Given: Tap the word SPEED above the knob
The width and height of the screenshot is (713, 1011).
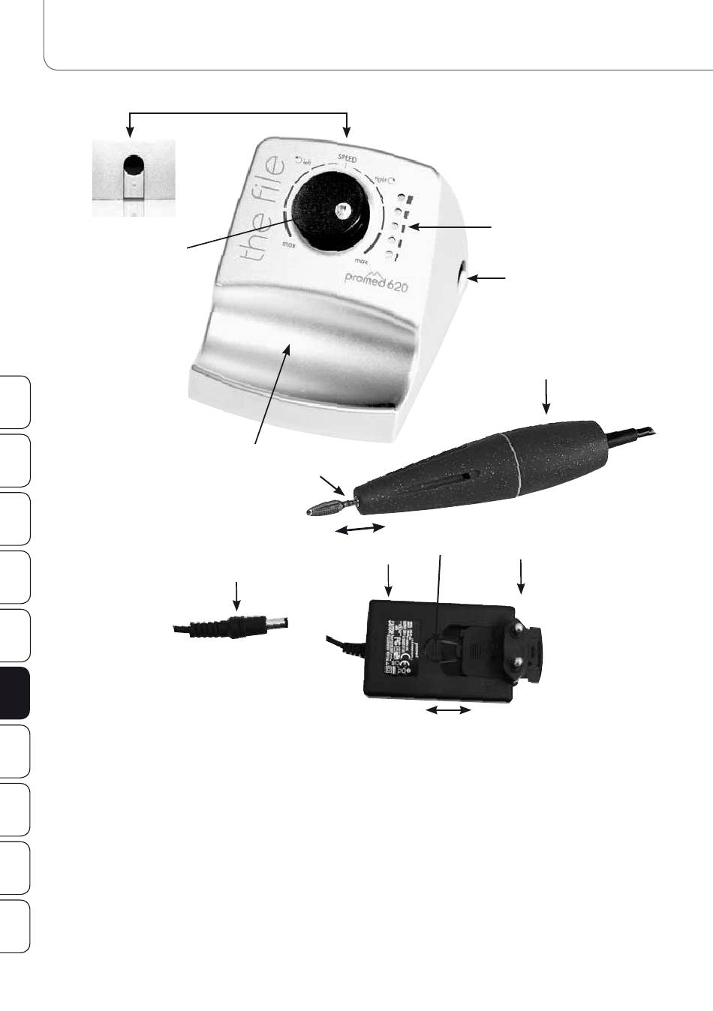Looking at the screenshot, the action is click(x=347, y=159).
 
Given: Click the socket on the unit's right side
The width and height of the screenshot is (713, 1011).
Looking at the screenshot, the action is click(x=460, y=275).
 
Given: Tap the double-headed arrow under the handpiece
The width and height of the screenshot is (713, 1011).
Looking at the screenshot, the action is click(x=360, y=529).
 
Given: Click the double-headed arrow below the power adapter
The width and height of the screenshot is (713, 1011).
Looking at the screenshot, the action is click(x=449, y=709).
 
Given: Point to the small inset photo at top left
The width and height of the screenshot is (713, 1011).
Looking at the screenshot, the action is click(x=134, y=178).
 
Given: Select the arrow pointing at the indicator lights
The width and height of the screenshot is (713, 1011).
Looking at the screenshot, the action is click(x=455, y=226).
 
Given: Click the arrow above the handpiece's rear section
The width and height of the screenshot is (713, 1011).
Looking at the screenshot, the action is click(x=547, y=396).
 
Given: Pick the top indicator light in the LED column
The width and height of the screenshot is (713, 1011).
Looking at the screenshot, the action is click(x=402, y=200).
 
